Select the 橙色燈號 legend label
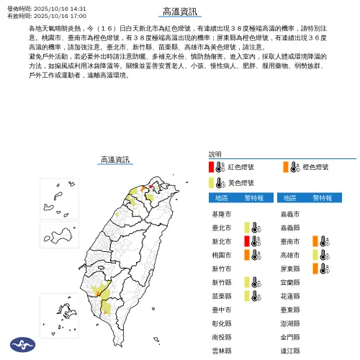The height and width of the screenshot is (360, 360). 315,166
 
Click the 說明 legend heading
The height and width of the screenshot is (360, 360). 215,154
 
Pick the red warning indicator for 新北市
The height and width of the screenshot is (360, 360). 246,241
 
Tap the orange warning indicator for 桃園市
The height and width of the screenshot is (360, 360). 246,255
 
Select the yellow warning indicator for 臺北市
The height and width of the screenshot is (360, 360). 246,228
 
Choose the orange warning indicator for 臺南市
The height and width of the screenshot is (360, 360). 315,241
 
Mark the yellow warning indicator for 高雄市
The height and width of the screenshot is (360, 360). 315,255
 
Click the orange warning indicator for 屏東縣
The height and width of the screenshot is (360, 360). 315,269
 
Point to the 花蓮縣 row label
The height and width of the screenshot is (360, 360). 289,296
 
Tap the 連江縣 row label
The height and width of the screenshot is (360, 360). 289,350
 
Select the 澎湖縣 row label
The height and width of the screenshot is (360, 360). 289,323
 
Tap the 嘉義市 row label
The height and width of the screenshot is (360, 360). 289,215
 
